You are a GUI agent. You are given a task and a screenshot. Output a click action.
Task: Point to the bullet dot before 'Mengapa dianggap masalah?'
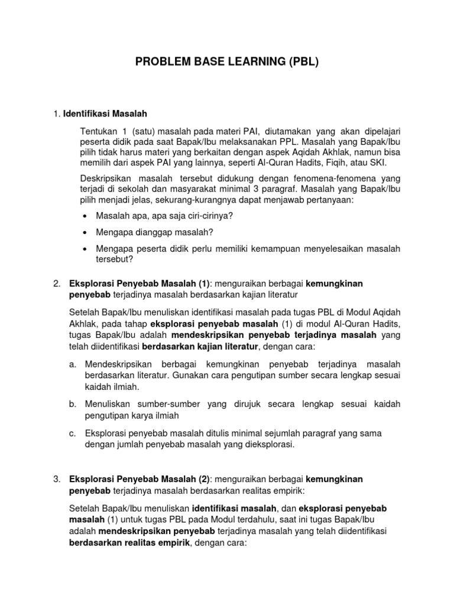[x=87, y=232]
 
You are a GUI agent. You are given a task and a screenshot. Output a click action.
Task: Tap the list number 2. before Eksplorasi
[x=57, y=284]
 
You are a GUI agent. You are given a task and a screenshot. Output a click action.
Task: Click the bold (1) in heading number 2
[x=204, y=284]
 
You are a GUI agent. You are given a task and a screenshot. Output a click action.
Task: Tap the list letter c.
[x=73, y=433]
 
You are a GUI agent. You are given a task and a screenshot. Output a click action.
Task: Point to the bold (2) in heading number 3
[x=204, y=478]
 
